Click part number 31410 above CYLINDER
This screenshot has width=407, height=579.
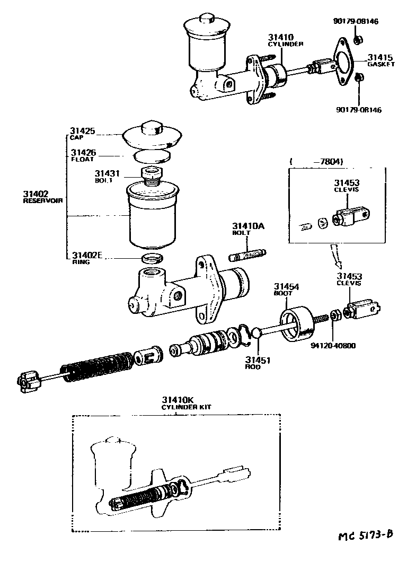pos(281,37)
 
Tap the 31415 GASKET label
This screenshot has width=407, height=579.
pos(381,60)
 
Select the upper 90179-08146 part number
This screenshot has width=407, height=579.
pos(357,22)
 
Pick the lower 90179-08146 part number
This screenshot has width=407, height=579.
pos(358,110)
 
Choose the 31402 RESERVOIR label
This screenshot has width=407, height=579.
pos(42,197)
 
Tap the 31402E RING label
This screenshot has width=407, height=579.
pos(86,258)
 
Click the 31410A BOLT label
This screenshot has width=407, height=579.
pos(247,229)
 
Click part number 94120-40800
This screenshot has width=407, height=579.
pos(333,346)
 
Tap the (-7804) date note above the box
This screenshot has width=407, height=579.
pos(316,161)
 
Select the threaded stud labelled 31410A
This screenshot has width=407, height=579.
pos(249,255)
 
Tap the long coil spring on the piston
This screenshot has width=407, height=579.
pos(95,366)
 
